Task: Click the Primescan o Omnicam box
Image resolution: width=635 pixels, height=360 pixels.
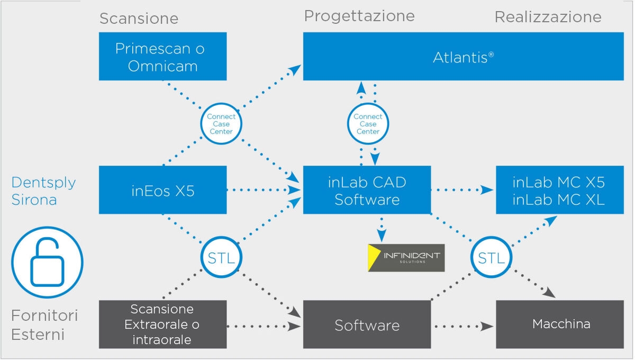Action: tap(163, 56)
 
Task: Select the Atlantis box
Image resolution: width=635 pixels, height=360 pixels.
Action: tap(463, 56)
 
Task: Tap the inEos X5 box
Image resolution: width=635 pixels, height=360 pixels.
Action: tap(163, 190)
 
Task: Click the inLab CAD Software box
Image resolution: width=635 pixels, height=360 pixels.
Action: tap(367, 190)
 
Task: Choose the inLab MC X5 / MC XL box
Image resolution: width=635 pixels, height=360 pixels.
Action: tap(560, 190)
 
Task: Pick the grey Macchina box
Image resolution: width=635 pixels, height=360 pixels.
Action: tap(560, 324)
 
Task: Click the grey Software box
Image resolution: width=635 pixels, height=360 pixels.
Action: tap(367, 324)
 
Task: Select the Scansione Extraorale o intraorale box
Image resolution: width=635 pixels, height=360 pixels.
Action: tap(163, 324)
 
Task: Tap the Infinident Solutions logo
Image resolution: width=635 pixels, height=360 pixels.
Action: tap(406, 258)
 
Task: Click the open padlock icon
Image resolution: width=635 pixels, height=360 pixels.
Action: tap(47, 262)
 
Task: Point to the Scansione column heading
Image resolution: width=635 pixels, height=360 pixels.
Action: tap(139, 19)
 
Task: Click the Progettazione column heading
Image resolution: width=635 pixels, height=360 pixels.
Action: tap(359, 16)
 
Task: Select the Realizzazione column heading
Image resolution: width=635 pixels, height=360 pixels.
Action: tap(548, 17)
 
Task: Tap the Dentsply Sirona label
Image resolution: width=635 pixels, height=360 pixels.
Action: tap(43, 191)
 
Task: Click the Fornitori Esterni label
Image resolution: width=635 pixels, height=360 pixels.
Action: tap(44, 325)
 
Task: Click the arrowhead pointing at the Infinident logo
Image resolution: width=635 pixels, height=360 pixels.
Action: tap(382, 236)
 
